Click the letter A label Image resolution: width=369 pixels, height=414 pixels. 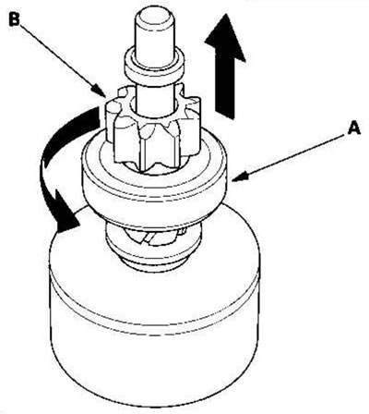click(353, 128)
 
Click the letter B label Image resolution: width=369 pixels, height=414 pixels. click(14, 19)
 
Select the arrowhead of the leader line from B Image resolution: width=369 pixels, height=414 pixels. click(100, 91)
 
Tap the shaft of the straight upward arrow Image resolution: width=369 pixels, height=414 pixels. click(225, 88)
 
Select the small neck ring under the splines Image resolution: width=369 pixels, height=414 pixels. click(152, 262)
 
